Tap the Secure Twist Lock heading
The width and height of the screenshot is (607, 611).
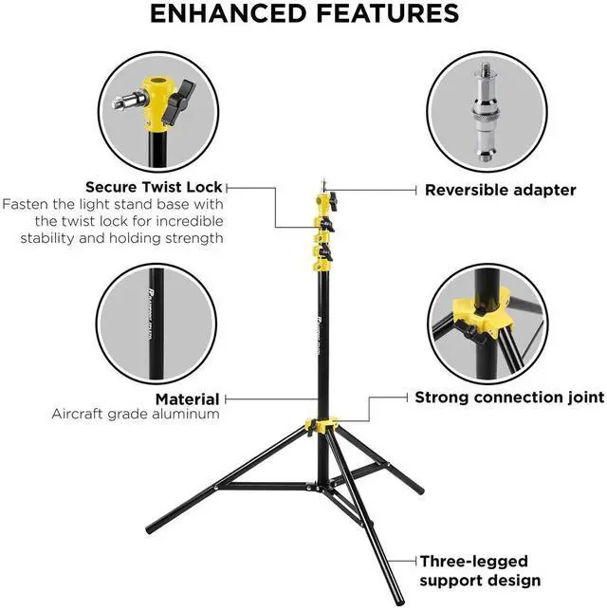point(155,187)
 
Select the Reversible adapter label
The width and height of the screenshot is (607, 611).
point(500,190)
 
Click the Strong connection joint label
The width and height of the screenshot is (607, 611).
point(509,397)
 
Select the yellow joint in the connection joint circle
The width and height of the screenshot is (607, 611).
point(485,314)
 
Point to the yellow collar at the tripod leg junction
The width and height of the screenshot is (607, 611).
point(322,426)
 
